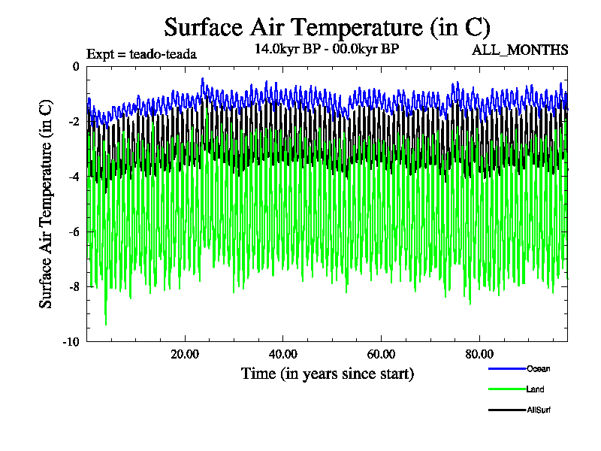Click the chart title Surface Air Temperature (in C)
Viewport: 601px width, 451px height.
coord(328,28)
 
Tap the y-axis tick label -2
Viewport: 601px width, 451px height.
coord(74,122)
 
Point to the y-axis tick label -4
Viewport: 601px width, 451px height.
coord(74,177)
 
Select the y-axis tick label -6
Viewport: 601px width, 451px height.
coord(74,232)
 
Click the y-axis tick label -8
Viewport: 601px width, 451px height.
coord(74,286)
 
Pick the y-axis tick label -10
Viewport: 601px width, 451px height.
coord(71,341)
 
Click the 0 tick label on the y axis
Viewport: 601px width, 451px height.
coord(77,67)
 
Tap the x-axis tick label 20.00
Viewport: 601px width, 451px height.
coord(185,354)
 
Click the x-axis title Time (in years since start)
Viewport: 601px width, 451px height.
coord(328,373)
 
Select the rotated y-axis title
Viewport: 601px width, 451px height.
coord(46,204)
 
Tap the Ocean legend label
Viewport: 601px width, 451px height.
coord(538,368)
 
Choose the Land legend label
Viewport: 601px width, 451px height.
coord(536,389)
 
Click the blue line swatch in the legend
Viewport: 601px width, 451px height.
coord(506,368)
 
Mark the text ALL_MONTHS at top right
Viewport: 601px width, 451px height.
coord(519,50)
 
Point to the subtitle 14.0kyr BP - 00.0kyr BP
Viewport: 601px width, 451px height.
coord(327,49)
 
